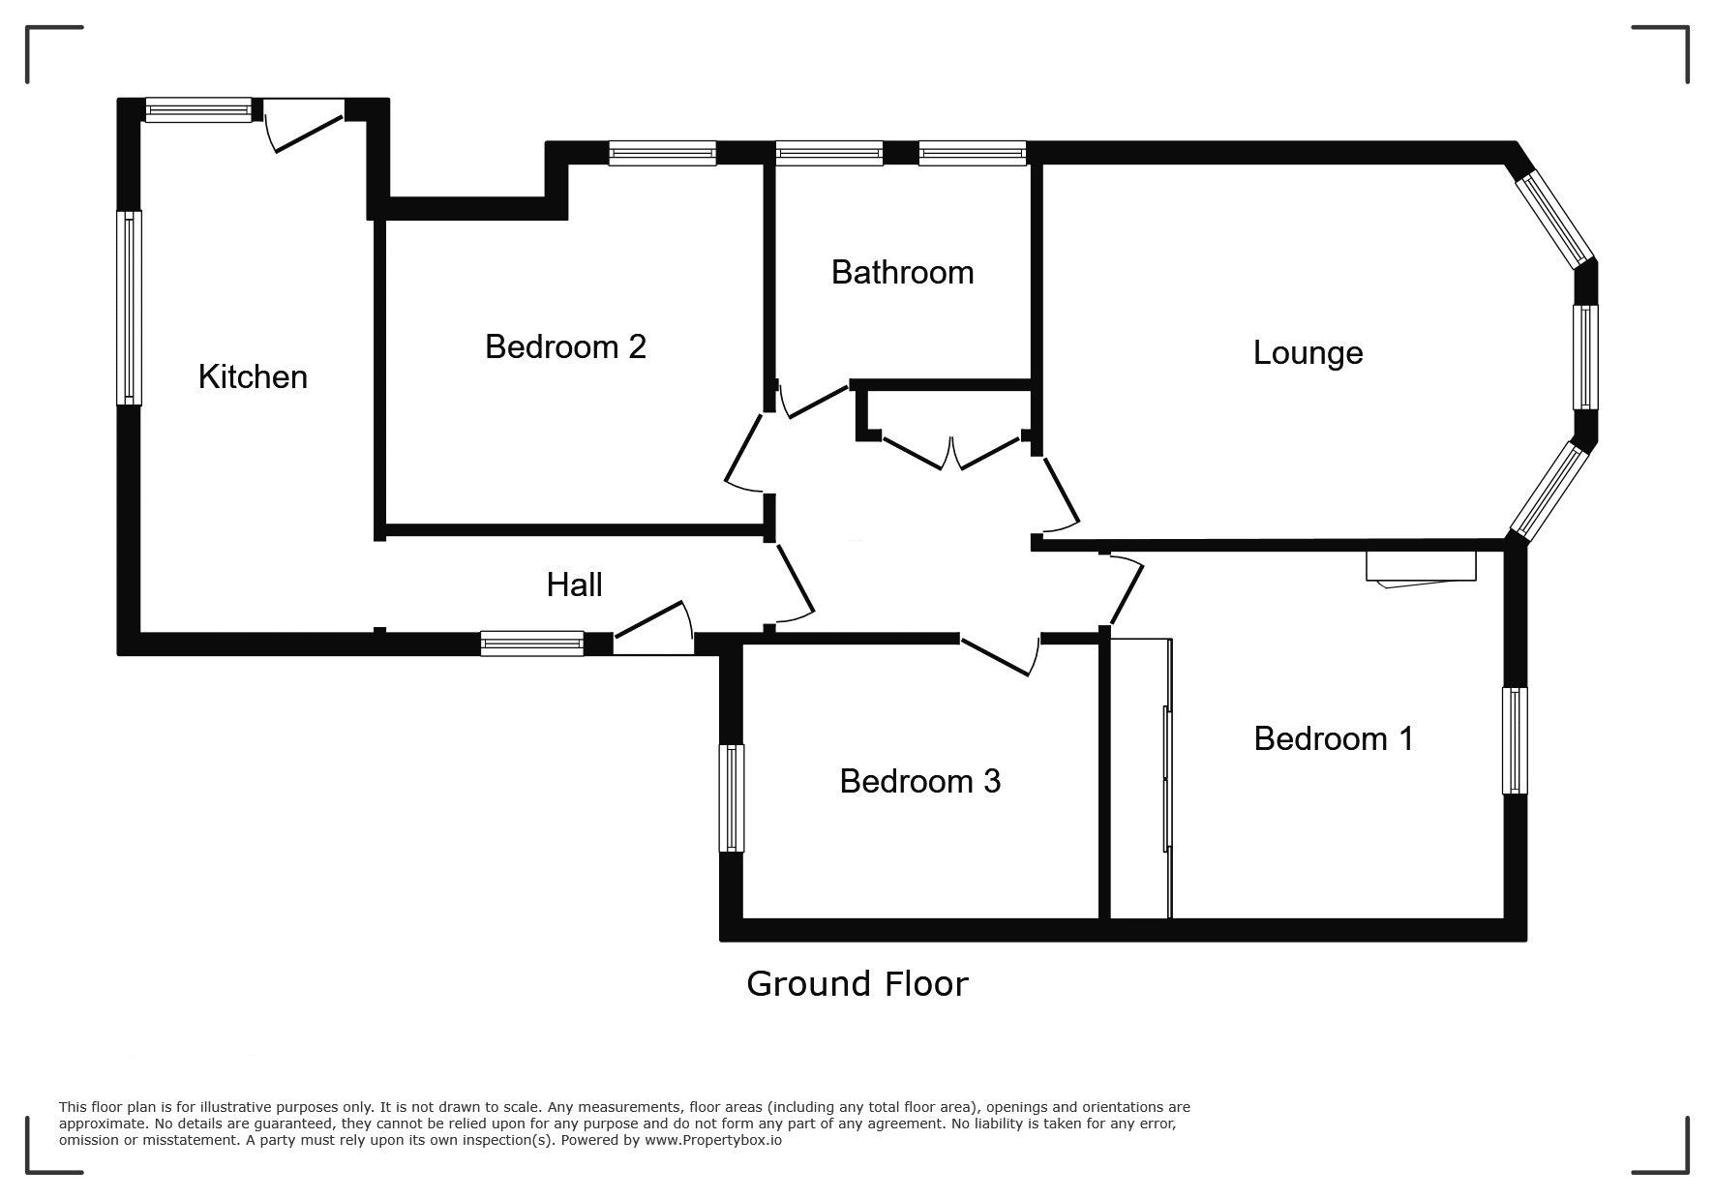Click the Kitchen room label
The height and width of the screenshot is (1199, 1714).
coord(253,376)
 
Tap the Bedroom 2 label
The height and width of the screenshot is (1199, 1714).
coord(565,345)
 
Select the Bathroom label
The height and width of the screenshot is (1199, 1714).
coord(902,272)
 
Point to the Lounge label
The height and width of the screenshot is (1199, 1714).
coord(1308,352)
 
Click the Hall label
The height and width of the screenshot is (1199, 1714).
coord(574,585)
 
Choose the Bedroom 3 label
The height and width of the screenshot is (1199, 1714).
coord(919,781)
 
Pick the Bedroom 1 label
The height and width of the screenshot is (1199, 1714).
coord(1333,738)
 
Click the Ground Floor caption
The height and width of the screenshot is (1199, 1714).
coord(857,983)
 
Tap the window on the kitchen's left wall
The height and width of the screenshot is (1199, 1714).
coord(129,308)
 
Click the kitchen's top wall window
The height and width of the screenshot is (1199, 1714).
coord(198,109)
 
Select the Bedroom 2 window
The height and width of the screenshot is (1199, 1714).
coord(662,153)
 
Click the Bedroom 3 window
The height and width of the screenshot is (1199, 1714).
coord(732,798)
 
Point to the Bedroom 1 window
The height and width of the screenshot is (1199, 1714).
coord(1515,740)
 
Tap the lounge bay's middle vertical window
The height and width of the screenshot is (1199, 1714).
coord(1585,357)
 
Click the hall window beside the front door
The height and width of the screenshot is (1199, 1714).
coord(532,644)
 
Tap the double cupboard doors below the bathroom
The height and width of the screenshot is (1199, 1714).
coord(952,454)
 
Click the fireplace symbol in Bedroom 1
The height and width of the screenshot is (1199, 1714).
coord(1421,568)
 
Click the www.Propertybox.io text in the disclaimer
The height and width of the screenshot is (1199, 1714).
coord(713,1140)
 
